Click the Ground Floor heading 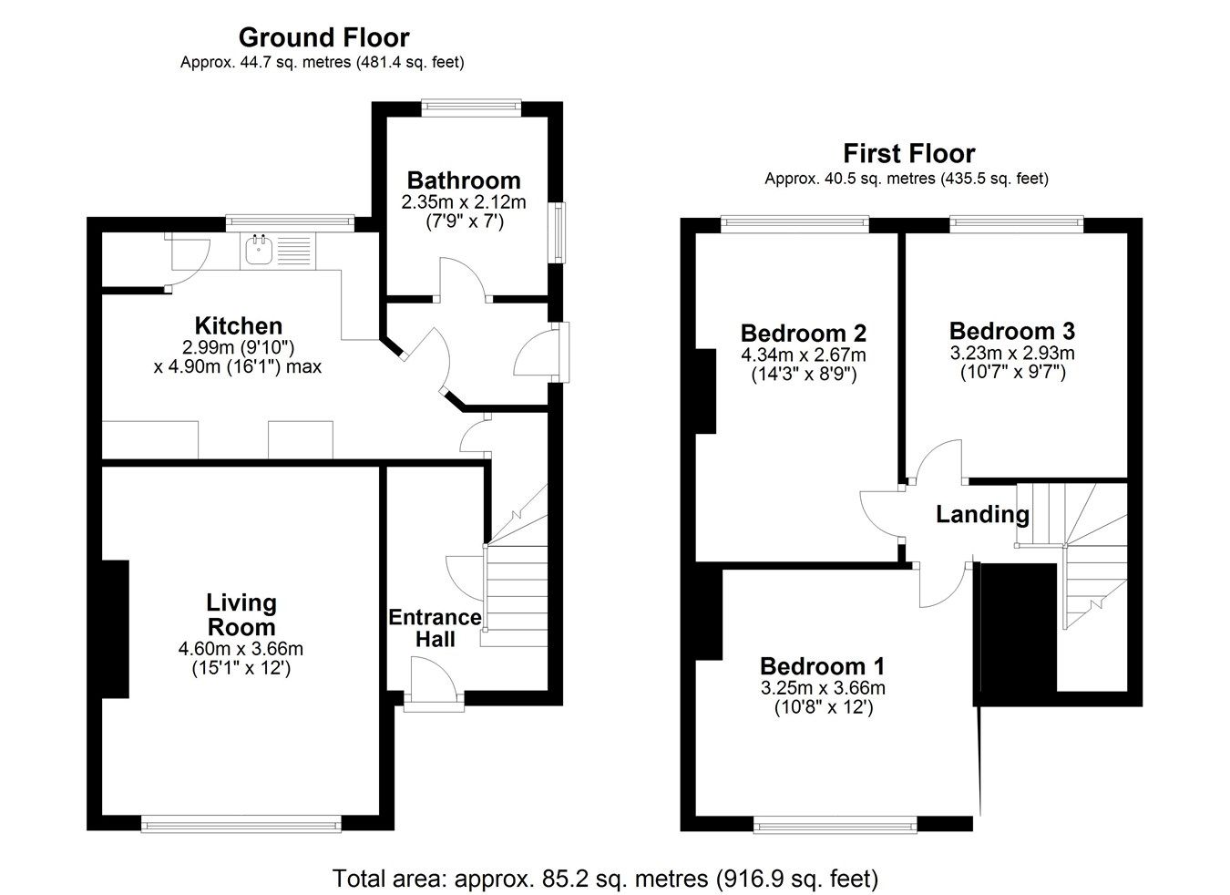[323, 37]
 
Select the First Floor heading [908, 153]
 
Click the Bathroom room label [464, 180]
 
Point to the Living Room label [241, 615]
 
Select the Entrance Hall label [435, 628]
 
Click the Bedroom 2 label [803, 333]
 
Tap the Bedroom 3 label [1011, 331]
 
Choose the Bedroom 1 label [823, 666]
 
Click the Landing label [982, 515]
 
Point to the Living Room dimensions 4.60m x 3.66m [241, 650]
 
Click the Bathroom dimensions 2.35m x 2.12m [464, 201]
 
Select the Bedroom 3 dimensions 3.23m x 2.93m [1011, 353]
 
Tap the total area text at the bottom [605, 879]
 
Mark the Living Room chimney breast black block [115, 629]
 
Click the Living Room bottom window [241, 825]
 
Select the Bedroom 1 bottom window [835, 825]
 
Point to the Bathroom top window [471, 108]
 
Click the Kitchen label [239, 325]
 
